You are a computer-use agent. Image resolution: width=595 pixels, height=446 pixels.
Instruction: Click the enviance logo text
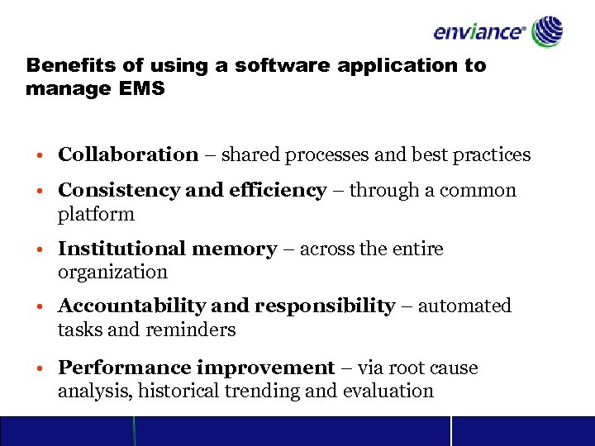coord(479,32)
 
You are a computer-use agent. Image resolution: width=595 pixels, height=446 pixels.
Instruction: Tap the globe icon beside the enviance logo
coord(547,31)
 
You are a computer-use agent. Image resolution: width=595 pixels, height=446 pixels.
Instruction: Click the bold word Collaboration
coord(128,154)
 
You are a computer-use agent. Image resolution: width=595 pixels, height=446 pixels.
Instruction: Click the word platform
coord(96,214)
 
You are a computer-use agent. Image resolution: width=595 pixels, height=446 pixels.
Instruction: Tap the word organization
coord(112,272)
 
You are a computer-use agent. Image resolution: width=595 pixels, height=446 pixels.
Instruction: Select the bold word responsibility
coord(325,306)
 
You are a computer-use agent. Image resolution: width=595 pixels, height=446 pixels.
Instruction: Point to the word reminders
coord(191,330)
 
